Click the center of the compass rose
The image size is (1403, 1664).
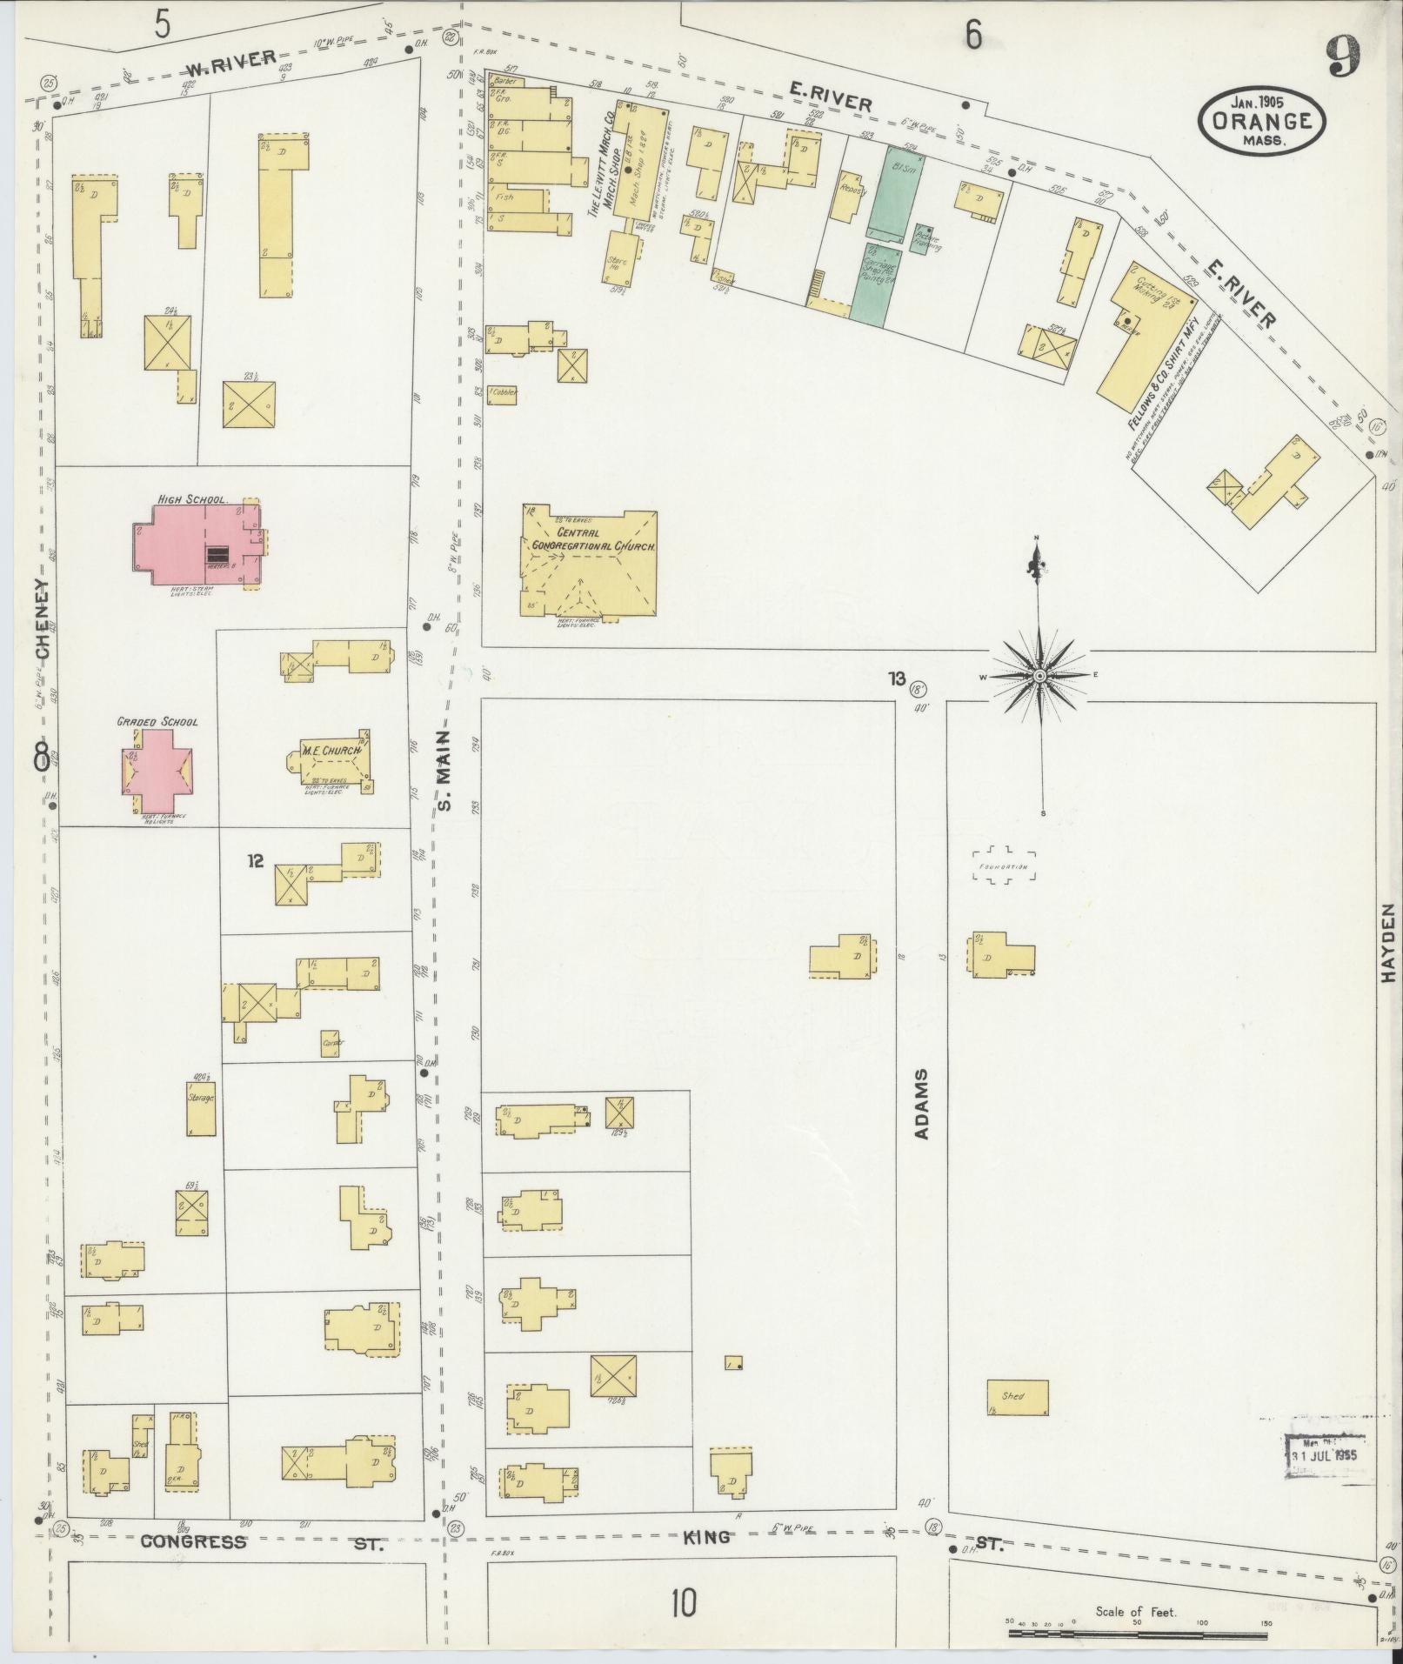pyautogui.click(x=1039, y=676)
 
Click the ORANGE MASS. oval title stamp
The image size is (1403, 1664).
pyautogui.click(x=1264, y=121)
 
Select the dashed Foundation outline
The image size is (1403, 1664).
pyautogui.click(x=1005, y=866)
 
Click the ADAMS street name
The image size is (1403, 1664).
pyautogui.click(x=923, y=1105)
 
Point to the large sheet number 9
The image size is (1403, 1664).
pyautogui.click(x=1345, y=57)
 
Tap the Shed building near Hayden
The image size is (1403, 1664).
pyautogui.click(x=1016, y=1397)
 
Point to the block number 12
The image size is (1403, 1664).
pyautogui.click(x=255, y=861)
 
